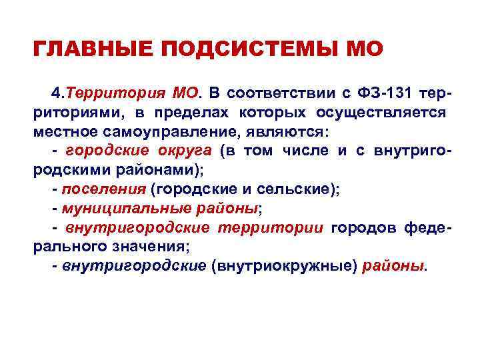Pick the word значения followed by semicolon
point(149,247)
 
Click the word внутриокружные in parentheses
point(284,267)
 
